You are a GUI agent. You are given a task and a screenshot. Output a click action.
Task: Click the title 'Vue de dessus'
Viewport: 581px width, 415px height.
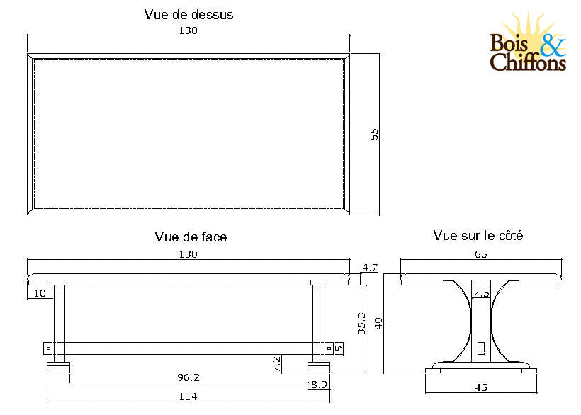click(x=188, y=14)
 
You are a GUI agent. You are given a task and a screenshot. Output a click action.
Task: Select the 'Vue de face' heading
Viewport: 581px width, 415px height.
click(x=191, y=237)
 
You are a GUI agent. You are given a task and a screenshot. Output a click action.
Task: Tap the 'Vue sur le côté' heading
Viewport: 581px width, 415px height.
click(x=478, y=236)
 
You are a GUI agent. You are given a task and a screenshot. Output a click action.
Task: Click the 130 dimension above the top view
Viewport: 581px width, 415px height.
click(x=188, y=30)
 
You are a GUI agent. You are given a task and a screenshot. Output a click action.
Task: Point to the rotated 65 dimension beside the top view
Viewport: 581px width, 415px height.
click(x=375, y=135)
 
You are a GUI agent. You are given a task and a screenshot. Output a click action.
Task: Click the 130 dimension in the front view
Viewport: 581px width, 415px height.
click(x=188, y=254)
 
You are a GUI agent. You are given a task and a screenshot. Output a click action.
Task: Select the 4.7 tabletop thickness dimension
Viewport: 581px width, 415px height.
click(x=369, y=268)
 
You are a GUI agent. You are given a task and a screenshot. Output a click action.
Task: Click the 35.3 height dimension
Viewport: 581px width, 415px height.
click(x=361, y=323)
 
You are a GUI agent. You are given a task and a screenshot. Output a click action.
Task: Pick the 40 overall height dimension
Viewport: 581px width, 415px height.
click(x=378, y=323)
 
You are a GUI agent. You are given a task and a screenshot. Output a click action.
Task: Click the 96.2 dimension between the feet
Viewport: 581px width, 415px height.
click(x=188, y=377)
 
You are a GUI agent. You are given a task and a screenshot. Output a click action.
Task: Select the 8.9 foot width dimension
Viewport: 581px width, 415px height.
click(x=319, y=385)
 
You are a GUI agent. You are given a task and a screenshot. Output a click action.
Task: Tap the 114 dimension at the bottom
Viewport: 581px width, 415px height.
click(x=187, y=397)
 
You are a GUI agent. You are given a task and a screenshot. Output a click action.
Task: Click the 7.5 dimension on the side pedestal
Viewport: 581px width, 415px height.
click(x=481, y=292)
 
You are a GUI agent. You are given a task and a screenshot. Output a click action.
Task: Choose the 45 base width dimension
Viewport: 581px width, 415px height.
click(x=482, y=387)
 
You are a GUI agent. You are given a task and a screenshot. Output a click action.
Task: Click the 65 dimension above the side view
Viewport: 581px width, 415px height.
click(x=481, y=254)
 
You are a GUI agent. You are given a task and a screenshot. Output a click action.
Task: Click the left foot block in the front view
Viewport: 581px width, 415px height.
click(x=59, y=368)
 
